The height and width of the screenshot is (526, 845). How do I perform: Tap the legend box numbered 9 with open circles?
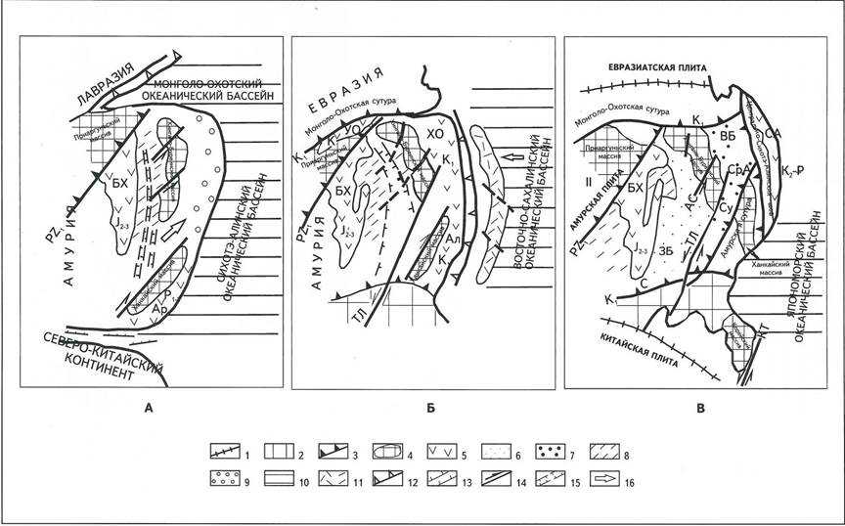(x=234, y=480)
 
